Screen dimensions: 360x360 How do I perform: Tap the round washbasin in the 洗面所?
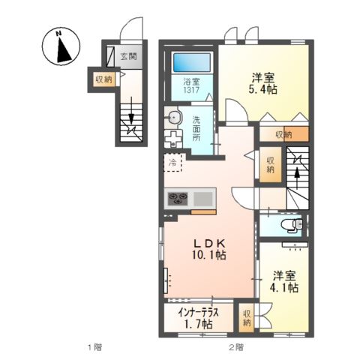pyautogui.click(x=174, y=116)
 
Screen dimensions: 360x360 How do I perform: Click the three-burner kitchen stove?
pyautogui.click(x=179, y=199)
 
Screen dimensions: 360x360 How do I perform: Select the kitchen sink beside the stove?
pyautogui.click(x=203, y=199)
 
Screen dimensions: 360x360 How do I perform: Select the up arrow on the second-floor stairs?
pyautogui.click(x=298, y=172)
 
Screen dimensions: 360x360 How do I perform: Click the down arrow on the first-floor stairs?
pyautogui.click(x=131, y=119)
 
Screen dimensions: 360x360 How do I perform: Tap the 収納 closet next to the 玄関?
pyautogui.click(x=103, y=78)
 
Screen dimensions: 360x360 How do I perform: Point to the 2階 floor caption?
pyautogui.click(x=235, y=346)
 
